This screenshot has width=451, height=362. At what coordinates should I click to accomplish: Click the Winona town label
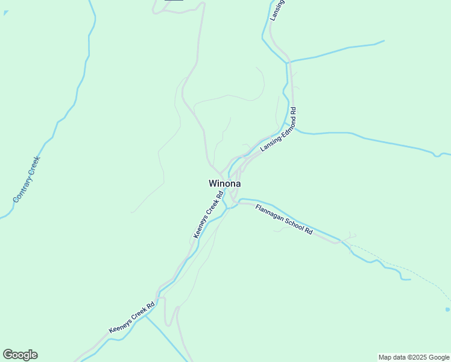[x=225, y=183]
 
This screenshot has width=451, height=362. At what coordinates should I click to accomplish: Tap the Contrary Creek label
[x=26, y=179]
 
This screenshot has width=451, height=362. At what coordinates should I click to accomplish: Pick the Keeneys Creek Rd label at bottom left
[x=132, y=318]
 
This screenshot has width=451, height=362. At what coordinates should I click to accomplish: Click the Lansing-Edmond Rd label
[x=278, y=130]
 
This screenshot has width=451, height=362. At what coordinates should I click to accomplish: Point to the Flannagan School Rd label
[x=285, y=220]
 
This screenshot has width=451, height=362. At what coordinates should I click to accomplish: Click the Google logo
[x=20, y=355]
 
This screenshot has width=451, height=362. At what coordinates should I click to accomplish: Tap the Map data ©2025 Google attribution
[x=414, y=357]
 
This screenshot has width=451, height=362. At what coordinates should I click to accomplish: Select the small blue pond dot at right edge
[x=447, y=310]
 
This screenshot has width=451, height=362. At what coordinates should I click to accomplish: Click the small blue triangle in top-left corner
[x=5, y=13]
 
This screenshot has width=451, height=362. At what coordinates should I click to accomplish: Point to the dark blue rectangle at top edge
[x=174, y=1]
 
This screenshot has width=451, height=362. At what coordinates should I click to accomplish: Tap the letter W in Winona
[x=213, y=183]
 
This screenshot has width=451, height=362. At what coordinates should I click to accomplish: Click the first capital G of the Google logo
[x=7, y=355]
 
